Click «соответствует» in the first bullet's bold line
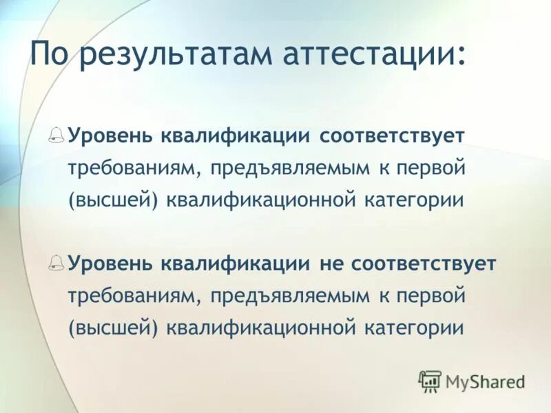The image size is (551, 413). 391,135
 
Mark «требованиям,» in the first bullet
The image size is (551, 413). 134,167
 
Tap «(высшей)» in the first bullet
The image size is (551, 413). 114,200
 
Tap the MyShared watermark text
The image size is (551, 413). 486,381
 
